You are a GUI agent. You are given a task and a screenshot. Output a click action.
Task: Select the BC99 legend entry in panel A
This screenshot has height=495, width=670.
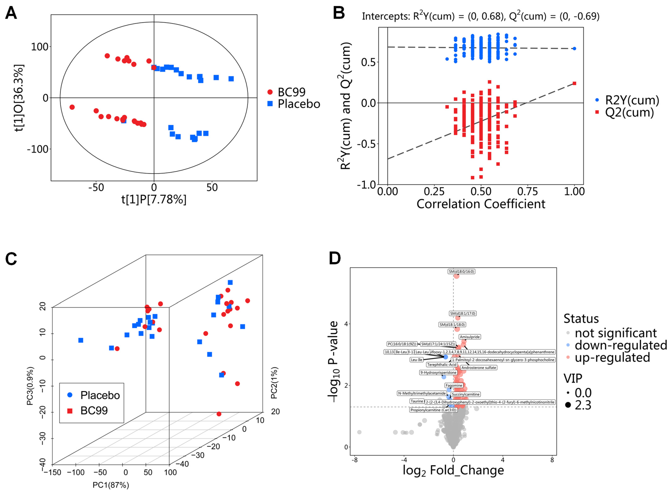click(291, 92)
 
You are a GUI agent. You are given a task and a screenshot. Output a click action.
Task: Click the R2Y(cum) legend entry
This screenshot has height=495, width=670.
click(632, 100)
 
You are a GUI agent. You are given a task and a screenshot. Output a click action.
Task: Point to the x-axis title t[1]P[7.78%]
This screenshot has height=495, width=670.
click(154, 199)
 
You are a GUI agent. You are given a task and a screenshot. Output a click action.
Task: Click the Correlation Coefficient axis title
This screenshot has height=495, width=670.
click(481, 204)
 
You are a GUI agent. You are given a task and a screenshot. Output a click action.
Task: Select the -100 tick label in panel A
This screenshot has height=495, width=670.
click(38, 149)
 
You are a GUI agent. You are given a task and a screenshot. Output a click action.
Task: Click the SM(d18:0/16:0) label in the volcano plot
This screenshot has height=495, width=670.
click(461, 272)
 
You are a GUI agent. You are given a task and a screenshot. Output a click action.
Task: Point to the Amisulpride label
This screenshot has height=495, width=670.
click(470, 337)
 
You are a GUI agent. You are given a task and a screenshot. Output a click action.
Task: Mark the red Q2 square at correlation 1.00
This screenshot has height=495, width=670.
click(574, 83)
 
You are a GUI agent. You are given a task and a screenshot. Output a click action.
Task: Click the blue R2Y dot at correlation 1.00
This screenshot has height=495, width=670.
click(574, 49)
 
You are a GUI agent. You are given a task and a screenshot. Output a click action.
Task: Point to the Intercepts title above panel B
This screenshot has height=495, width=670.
click(480, 16)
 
